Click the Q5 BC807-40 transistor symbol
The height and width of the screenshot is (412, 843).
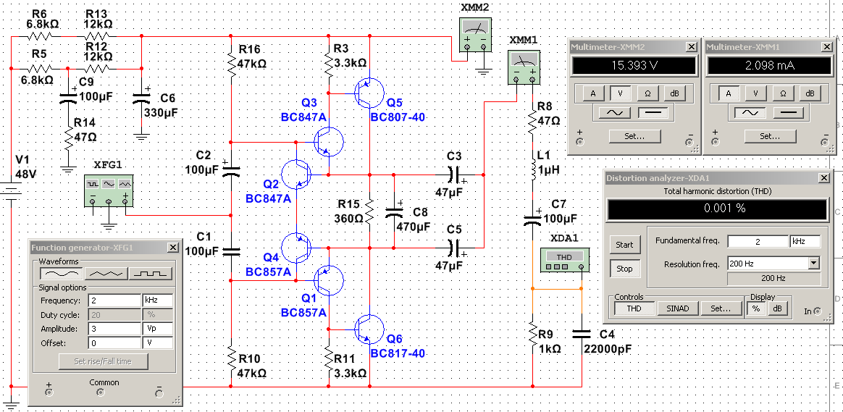click(369, 93)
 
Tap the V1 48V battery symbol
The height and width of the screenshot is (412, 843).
click(10, 191)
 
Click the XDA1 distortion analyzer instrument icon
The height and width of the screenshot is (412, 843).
click(568, 260)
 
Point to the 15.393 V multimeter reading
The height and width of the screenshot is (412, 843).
click(634, 66)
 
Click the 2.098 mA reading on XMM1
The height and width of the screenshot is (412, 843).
click(769, 66)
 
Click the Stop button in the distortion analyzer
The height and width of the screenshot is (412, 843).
click(624, 269)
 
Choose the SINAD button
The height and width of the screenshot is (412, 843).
click(679, 308)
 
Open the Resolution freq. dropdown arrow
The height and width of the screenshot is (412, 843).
click(814, 264)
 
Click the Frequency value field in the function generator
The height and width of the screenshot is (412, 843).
click(114, 300)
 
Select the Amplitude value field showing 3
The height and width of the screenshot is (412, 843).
click(114, 329)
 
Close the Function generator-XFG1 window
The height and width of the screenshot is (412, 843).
click(172, 248)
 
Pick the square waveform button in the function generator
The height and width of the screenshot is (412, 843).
click(151, 273)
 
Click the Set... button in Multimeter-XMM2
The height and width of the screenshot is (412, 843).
click(634, 136)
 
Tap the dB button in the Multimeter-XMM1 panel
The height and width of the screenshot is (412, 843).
click(810, 93)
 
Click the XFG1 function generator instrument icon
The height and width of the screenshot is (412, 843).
click(109, 190)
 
